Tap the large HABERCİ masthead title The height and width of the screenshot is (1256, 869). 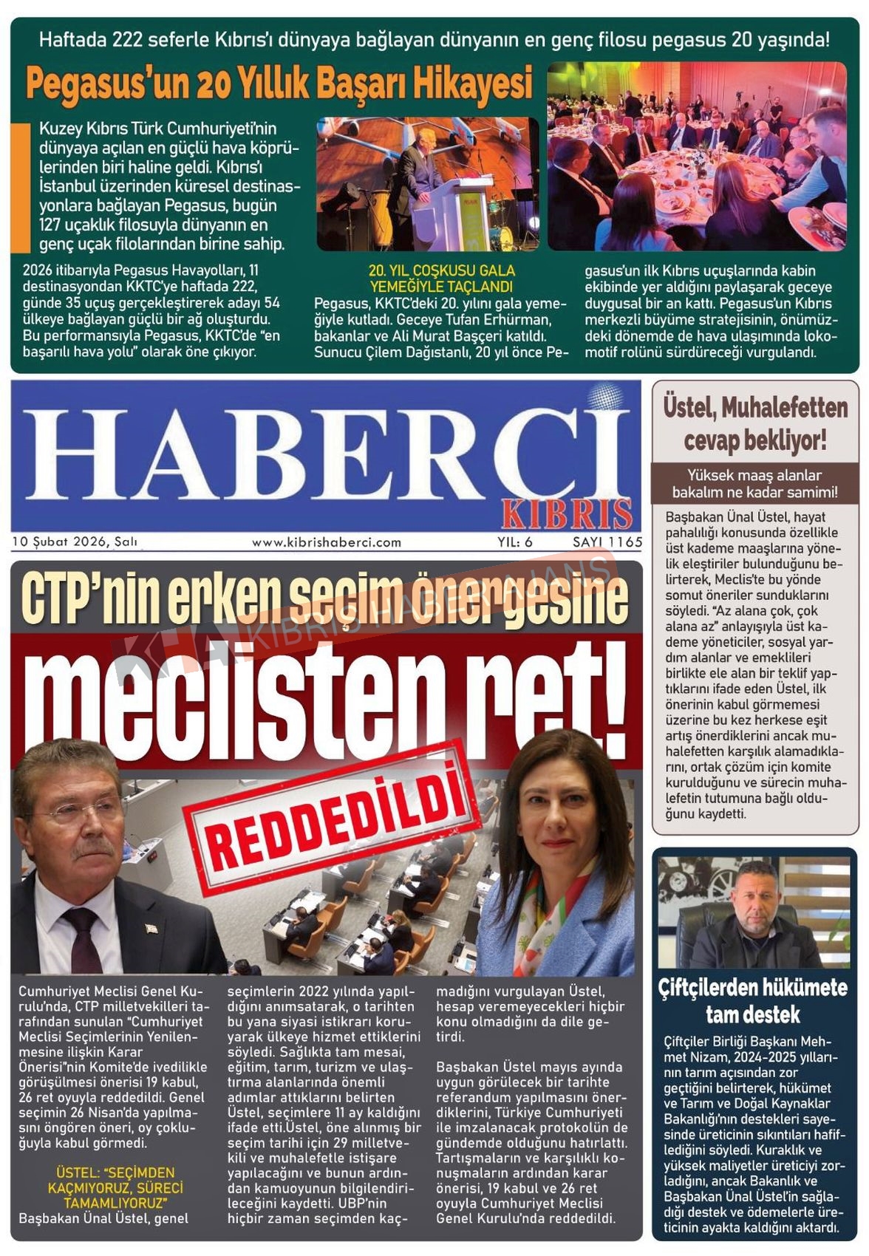coord(325,452)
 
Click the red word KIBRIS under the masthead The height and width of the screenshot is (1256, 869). coord(567,513)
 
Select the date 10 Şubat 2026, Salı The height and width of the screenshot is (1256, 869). coord(75,542)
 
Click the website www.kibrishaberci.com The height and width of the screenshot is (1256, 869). coord(327,542)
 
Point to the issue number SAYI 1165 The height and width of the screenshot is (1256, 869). coord(607,542)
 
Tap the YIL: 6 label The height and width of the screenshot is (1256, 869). coord(515,542)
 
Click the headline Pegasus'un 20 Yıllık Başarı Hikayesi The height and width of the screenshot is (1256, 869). coord(279,83)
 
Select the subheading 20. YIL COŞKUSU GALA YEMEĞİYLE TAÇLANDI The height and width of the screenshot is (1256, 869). coord(441,279)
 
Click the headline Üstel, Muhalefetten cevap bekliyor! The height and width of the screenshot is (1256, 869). coord(755,423)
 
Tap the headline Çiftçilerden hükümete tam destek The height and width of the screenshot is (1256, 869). coord(753,1001)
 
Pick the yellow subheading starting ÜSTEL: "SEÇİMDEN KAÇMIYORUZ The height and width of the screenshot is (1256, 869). coord(115,1188)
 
